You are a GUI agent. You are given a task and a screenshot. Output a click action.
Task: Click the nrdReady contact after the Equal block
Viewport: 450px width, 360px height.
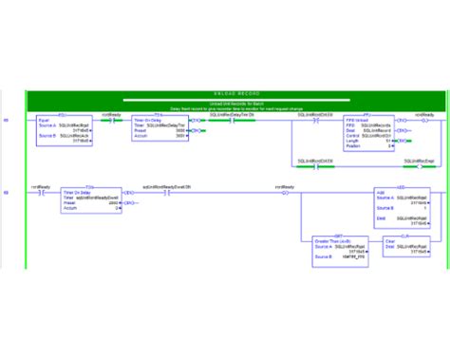pyautogui.click(x=112, y=122)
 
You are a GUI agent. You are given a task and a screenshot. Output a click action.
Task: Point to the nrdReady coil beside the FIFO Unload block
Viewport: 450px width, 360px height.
pyautogui.click(x=425, y=122)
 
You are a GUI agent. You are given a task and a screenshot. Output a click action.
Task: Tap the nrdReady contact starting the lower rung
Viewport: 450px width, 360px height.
pyautogui.click(x=40, y=192)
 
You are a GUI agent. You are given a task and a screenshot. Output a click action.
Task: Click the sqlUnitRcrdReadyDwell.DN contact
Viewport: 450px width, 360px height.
pyautogui.click(x=167, y=192)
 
